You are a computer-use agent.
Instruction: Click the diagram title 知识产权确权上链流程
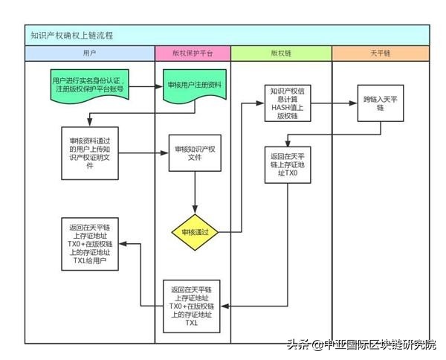(x=72, y=35)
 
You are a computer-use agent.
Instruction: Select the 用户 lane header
(x=88, y=54)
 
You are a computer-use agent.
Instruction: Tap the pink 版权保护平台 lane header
(x=192, y=54)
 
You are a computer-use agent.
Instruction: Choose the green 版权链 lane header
(x=280, y=54)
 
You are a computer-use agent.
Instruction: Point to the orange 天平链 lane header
(x=380, y=54)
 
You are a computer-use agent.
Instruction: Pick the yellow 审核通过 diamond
(x=195, y=232)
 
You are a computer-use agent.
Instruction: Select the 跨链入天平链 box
(x=379, y=103)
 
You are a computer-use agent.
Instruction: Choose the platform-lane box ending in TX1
(x=194, y=306)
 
